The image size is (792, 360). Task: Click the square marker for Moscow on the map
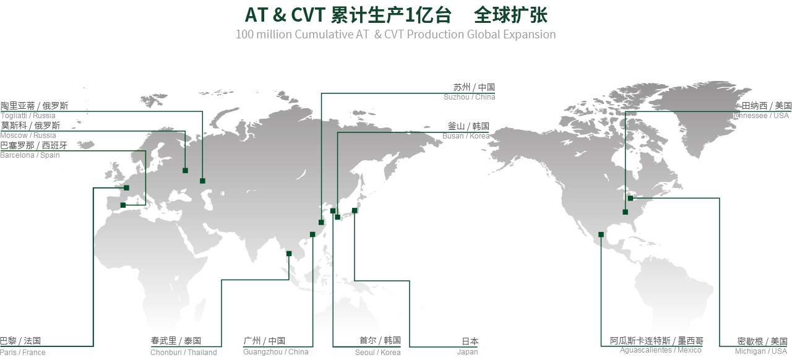point(185,171)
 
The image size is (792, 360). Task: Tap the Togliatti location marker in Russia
point(202,181)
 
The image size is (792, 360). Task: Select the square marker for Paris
point(127,188)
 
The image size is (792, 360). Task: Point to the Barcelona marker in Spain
point(123,205)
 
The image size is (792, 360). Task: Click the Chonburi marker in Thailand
point(289,254)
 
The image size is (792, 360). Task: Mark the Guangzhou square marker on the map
point(312,234)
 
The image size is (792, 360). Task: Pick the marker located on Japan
point(355,211)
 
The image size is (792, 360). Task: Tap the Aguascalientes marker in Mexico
point(601,234)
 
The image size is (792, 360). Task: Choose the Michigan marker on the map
point(631,198)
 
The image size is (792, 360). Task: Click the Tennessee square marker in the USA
point(626,212)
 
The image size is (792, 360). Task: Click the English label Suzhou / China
point(469,97)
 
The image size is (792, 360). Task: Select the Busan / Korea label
point(466,136)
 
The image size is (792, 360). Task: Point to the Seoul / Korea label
point(378,352)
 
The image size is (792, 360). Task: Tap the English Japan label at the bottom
point(467,352)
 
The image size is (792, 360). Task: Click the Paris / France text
point(23,352)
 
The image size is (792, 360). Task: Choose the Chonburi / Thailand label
point(184,352)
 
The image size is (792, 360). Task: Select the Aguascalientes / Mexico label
point(660,349)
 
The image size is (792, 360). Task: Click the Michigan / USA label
point(761,351)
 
